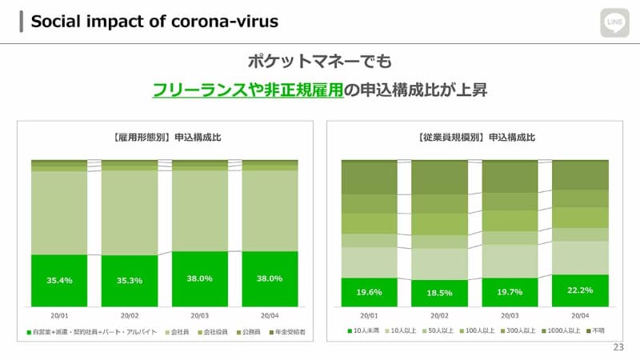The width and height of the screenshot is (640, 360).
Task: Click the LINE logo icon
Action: click(x=615, y=22)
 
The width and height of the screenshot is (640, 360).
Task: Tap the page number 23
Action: click(x=617, y=346)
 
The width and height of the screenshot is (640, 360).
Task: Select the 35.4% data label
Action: click(x=59, y=280)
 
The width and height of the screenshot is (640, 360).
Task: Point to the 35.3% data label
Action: click(x=130, y=281)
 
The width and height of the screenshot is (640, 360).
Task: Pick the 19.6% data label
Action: click(x=369, y=292)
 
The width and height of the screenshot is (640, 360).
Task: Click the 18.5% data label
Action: click(x=439, y=294)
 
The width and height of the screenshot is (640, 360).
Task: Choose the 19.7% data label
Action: click(x=510, y=292)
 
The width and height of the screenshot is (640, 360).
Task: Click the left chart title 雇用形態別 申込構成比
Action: click(x=165, y=138)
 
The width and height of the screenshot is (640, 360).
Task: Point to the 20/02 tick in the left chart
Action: click(x=130, y=315)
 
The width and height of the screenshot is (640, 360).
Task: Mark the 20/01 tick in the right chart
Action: click(x=369, y=315)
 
